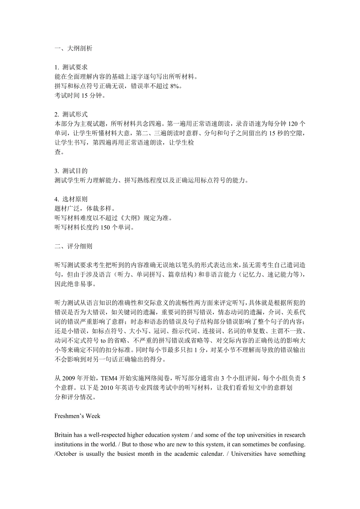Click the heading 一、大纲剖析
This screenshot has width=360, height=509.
pyautogui.click(x=73, y=48)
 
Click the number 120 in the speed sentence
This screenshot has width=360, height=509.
pyautogui.click(x=293, y=124)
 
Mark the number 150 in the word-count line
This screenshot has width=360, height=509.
pyautogui.click(x=105, y=227)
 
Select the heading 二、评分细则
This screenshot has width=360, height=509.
pyautogui.click(x=73, y=246)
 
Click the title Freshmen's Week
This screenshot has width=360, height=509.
pyautogui.click(x=77, y=416)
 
